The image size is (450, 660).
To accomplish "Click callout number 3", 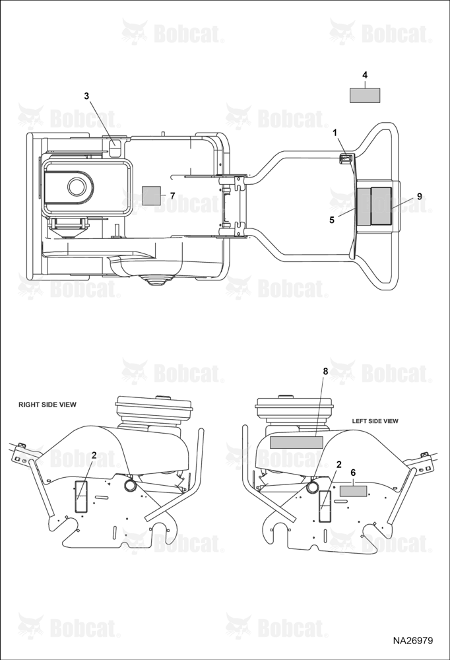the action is (86, 96).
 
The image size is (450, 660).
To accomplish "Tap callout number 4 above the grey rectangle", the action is (365, 75).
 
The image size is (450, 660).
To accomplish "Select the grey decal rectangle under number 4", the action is (365, 95).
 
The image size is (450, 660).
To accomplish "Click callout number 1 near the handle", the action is (335, 133).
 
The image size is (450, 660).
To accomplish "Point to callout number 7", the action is (172, 196).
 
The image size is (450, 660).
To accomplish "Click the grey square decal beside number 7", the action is (152, 195).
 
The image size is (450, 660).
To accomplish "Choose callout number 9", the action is (419, 197).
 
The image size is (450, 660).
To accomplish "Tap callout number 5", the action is (332, 220).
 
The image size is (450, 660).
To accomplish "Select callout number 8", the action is (325, 371).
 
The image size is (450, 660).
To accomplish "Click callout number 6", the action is (353, 473).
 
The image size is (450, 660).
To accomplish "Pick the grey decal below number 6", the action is (354, 491).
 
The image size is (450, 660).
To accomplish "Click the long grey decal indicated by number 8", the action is (296, 442).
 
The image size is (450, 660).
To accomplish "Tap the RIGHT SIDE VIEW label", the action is (48, 405).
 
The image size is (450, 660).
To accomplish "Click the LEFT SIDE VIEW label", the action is (375, 421).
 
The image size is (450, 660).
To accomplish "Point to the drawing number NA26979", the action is (412, 641).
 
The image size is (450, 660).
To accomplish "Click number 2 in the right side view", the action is (94, 455).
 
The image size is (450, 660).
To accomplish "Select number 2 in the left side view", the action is (338, 464).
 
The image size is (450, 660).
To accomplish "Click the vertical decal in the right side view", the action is (80, 497).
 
